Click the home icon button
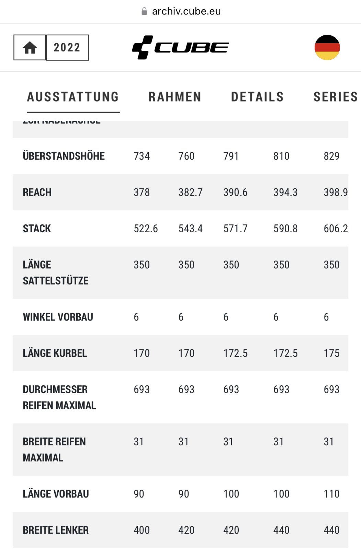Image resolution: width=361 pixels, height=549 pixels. click(30, 47)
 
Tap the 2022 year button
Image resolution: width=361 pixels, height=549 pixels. click(67, 47)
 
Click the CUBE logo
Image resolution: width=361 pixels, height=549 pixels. click(180, 47)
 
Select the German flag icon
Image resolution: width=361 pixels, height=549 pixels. click(327, 47)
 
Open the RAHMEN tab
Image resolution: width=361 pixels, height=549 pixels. click(175, 97)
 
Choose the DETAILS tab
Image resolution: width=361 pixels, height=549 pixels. click(257, 97)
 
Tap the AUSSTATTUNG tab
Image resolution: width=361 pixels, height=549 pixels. click(73, 97)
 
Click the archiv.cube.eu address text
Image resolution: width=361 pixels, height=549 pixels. click(186, 11)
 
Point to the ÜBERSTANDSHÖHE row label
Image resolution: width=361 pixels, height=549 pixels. click(64, 156)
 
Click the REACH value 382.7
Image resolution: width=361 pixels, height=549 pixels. click(190, 192)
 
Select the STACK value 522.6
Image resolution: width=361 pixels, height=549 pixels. click(146, 229)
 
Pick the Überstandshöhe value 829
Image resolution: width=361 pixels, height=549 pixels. click(331, 156)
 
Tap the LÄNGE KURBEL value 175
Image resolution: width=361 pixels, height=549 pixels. click(331, 353)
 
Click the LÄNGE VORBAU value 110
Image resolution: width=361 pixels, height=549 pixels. click(331, 494)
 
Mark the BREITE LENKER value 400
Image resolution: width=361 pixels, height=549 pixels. click(142, 530)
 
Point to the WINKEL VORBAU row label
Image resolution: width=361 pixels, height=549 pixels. click(58, 317)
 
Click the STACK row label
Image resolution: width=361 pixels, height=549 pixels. click(37, 229)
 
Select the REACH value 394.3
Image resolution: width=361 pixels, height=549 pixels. click(285, 192)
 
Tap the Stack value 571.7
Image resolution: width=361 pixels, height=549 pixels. click(235, 229)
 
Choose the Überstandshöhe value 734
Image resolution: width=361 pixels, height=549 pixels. click(142, 156)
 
